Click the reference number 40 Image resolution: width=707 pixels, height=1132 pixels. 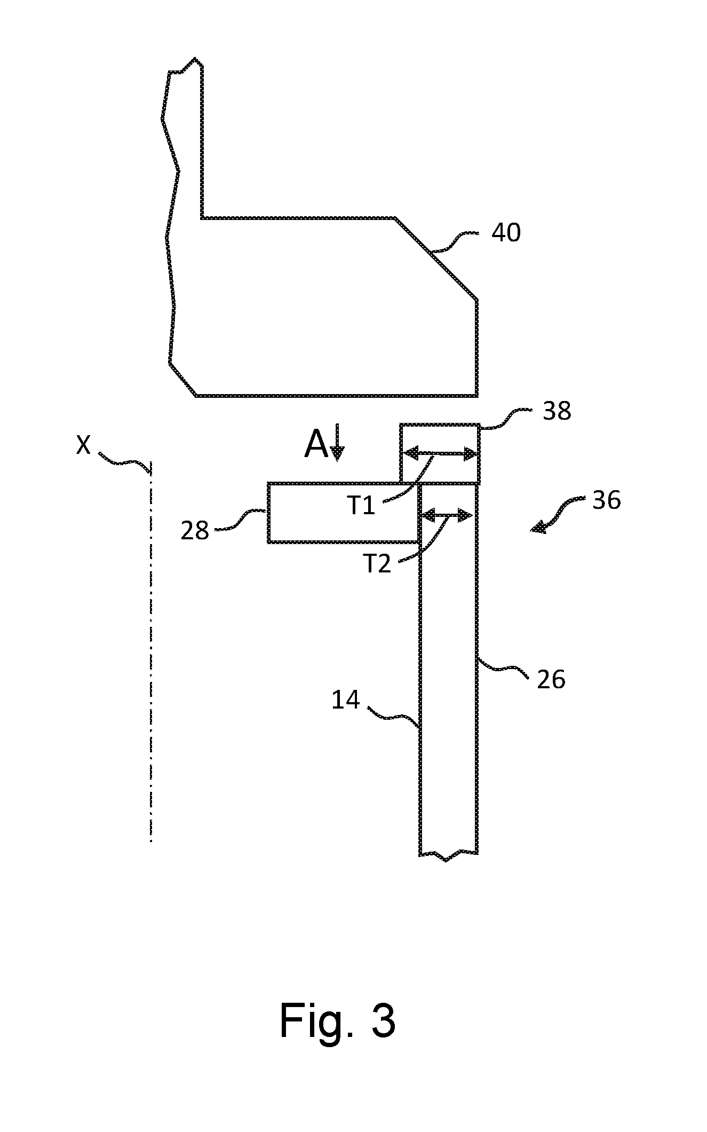(x=506, y=233)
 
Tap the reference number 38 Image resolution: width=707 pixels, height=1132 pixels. (x=557, y=411)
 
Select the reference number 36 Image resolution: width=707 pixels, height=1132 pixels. (x=607, y=500)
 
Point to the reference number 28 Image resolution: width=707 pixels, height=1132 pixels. (x=195, y=531)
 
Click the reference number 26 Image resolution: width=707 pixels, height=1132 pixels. (x=551, y=680)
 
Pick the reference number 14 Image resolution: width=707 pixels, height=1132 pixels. (x=346, y=699)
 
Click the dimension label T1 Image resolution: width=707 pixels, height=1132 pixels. (x=362, y=505)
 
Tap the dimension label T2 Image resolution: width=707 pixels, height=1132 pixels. (x=377, y=564)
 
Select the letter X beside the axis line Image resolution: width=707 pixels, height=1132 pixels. (x=83, y=444)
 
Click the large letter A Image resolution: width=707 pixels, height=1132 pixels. (x=316, y=445)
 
